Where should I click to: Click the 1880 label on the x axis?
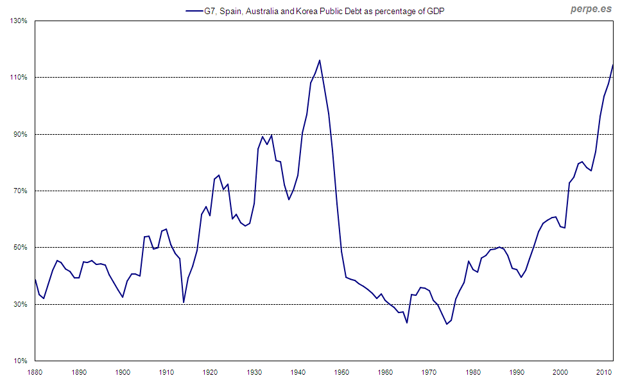pyautogui.click(x=35, y=372)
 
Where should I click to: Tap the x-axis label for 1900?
pyautogui.click(x=123, y=372)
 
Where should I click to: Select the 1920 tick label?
pyautogui.click(x=211, y=372)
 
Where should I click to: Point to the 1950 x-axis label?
pyautogui.click(x=341, y=372)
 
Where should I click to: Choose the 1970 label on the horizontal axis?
pyautogui.click(x=429, y=372)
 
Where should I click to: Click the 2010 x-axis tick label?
pyautogui.click(x=604, y=372)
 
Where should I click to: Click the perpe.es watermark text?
pyautogui.click(x=590, y=10)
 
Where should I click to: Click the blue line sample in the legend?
pyautogui.click(x=194, y=11)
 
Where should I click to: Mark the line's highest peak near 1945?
pyautogui.click(x=320, y=60)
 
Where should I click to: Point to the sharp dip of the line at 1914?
pyautogui.click(x=184, y=302)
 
